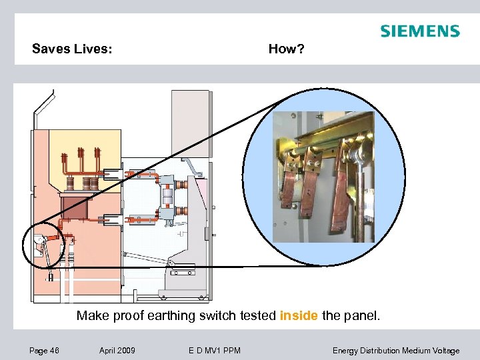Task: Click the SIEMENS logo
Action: [x=419, y=31]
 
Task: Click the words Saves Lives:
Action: [x=72, y=49]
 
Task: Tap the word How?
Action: [x=286, y=49]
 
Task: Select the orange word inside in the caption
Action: [x=299, y=315]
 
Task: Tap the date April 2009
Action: [x=117, y=351]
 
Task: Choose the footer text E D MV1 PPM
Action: [x=211, y=351]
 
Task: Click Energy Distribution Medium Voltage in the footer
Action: [x=396, y=351]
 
